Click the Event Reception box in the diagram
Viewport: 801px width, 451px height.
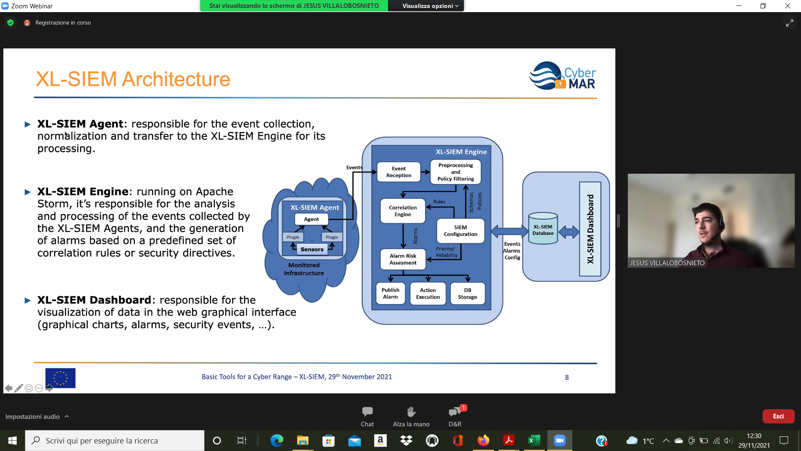(x=398, y=172)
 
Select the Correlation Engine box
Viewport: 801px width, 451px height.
(x=403, y=211)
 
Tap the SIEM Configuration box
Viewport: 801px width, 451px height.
(x=460, y=231)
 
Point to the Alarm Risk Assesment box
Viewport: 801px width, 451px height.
(x=403, y=259)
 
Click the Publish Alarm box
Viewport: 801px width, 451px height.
(x=390, y=294)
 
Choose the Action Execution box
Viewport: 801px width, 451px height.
(x=428, y=294)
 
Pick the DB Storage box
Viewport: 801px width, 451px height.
(x=467, y=294)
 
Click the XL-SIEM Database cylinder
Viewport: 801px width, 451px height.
(x=543, y=229)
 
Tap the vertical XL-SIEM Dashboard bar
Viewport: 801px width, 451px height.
(x=590, y=229)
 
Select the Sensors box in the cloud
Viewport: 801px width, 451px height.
(x=312, y=249)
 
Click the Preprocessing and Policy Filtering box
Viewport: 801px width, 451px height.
(x=456, y=172)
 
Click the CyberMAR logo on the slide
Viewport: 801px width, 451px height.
(x=562, y=76)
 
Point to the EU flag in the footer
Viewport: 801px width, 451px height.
(x=60, y=378)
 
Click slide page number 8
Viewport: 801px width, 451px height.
(x=567, y=378)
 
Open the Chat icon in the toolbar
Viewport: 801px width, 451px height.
(x=367, y=412)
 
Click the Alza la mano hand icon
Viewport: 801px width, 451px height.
(x=411, y=412)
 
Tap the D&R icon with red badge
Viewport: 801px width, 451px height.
(x=455, y=412)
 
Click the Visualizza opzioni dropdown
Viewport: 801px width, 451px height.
(x=430, y=6)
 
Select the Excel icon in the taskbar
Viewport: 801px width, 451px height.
(x=534, y=441)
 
